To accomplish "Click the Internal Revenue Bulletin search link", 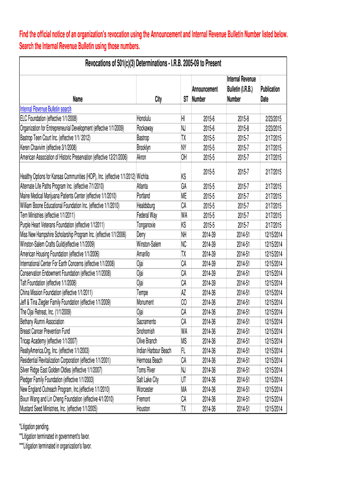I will pyautogui.click(x=45, y=109).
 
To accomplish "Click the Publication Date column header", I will pyautogui.click(x=270, y=94).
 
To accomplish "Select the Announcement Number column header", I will pyautogui.click(x=205, y=94).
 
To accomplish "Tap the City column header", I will pyautogui.click(x=158, y=99).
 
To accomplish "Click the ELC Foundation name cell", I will pyautogui.click(x=49, y=118).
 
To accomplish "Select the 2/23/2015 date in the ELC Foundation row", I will pyautogui.click(x=273, y=118).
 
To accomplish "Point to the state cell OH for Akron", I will pyautogui.click(x=184, y=157).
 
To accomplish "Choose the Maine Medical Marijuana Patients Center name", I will pyautogui.click(x=68, y=196).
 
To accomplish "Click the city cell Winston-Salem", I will pyautogui.click(x=149, y=244).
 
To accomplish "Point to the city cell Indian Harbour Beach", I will pyautogui.click(x=154, y=350).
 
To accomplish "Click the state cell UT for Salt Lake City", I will pyautogui.click(x=184, y=379).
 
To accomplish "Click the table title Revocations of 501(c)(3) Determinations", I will pyautogui.click(x=153, y=63).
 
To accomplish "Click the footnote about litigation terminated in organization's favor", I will pyautogui.click(x=55, y=445).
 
